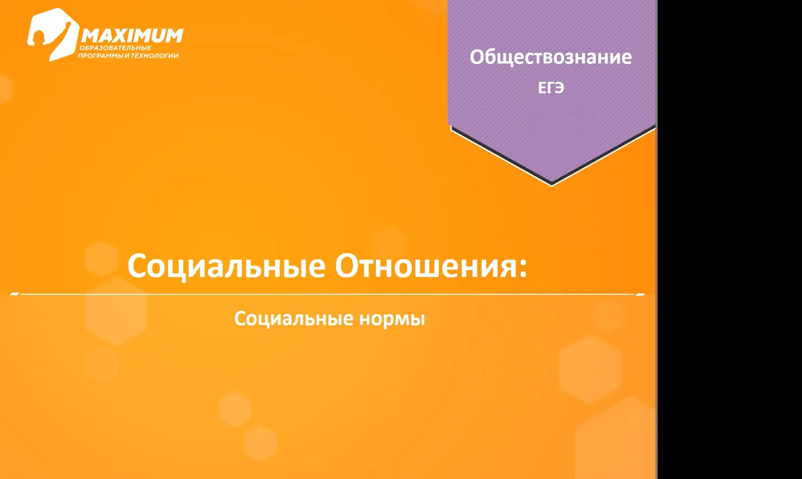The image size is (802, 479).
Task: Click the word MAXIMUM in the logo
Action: coord(132,36)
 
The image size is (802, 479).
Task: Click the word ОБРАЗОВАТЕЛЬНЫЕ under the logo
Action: coord(115,48)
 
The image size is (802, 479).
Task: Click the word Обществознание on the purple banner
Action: coord(551,57)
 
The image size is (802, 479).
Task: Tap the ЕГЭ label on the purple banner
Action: coord(551,88)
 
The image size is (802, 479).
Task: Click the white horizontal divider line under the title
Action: coord(327,294)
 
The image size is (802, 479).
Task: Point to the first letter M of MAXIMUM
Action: coord(91,36)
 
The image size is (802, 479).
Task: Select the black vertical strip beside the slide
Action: coord(729,239)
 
